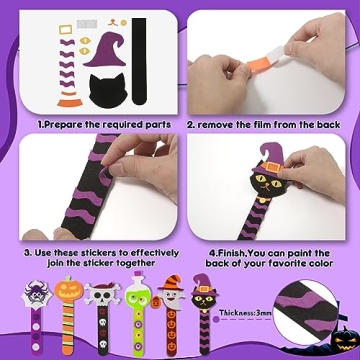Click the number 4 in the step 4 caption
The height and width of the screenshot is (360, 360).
tap(212, 252)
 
